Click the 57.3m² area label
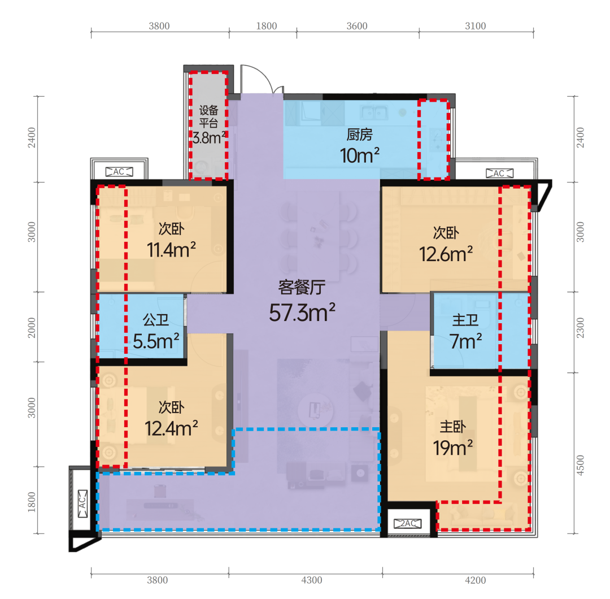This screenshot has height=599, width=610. (x=302, y=312)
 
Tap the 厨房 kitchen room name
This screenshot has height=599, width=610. (x=359, y=134)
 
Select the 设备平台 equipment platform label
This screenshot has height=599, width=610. (x=208, y=116)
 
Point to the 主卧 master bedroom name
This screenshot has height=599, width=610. (x=453, y=427)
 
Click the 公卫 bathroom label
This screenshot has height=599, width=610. (x=156, y=320)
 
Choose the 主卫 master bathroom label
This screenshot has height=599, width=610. (x=465, y=320)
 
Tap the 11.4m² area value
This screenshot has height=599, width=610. (x=171, y=249)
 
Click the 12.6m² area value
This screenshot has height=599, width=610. (x=446, y=254)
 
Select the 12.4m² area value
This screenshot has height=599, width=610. (x=171, y=428)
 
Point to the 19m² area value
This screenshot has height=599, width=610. (x=453, y=448)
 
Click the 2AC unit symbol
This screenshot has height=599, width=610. (x=407, y=523)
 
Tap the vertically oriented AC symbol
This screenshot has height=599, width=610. (x=82, y=503)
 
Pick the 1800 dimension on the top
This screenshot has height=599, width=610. (x=267, y=26)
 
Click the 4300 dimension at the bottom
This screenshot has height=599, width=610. (x=312, y=580)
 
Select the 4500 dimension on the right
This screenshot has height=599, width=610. (x=581, y=465)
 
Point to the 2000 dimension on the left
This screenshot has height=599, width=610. (x=32, y=328)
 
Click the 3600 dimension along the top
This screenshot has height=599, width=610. (x=357, y=26)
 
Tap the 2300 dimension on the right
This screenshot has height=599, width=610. (x=581, y=328)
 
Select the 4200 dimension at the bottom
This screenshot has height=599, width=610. (x=476, y=580)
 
